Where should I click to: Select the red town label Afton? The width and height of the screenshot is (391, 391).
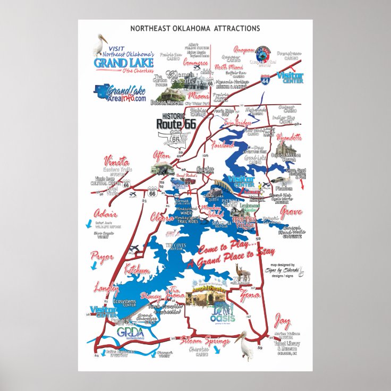161,156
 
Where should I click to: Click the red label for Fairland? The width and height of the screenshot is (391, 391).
222,144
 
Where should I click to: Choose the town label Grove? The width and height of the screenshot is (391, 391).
291,212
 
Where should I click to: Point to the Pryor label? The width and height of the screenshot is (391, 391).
102,257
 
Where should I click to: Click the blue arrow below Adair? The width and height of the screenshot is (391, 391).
89,225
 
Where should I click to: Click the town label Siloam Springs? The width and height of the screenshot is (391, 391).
205,341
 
